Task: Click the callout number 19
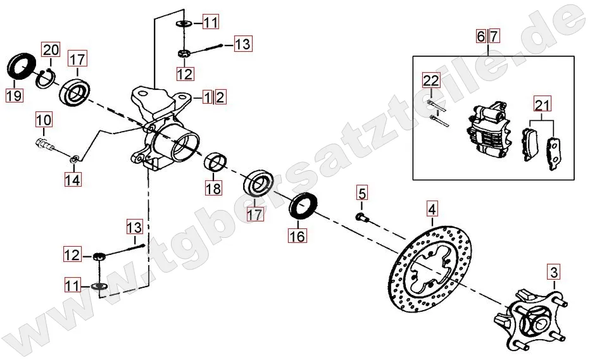pos(15,96)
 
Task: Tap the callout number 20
pos(51,49)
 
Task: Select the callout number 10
pos(44,120)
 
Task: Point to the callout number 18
pos(213,189)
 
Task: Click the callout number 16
pos(298,236)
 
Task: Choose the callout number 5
pos(361,194)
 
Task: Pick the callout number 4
pos(432,209)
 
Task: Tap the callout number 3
pos(554,272)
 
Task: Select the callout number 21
pos(543,104)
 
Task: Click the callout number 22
pos(431,80)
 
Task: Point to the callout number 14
pos(73,180)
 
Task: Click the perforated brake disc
pos(430,270)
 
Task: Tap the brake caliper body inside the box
pos(488,130)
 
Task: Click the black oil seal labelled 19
pos(21,66)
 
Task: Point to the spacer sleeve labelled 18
pos(216,162)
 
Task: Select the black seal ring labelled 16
pos(303,206)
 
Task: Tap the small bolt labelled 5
pos(362,216)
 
